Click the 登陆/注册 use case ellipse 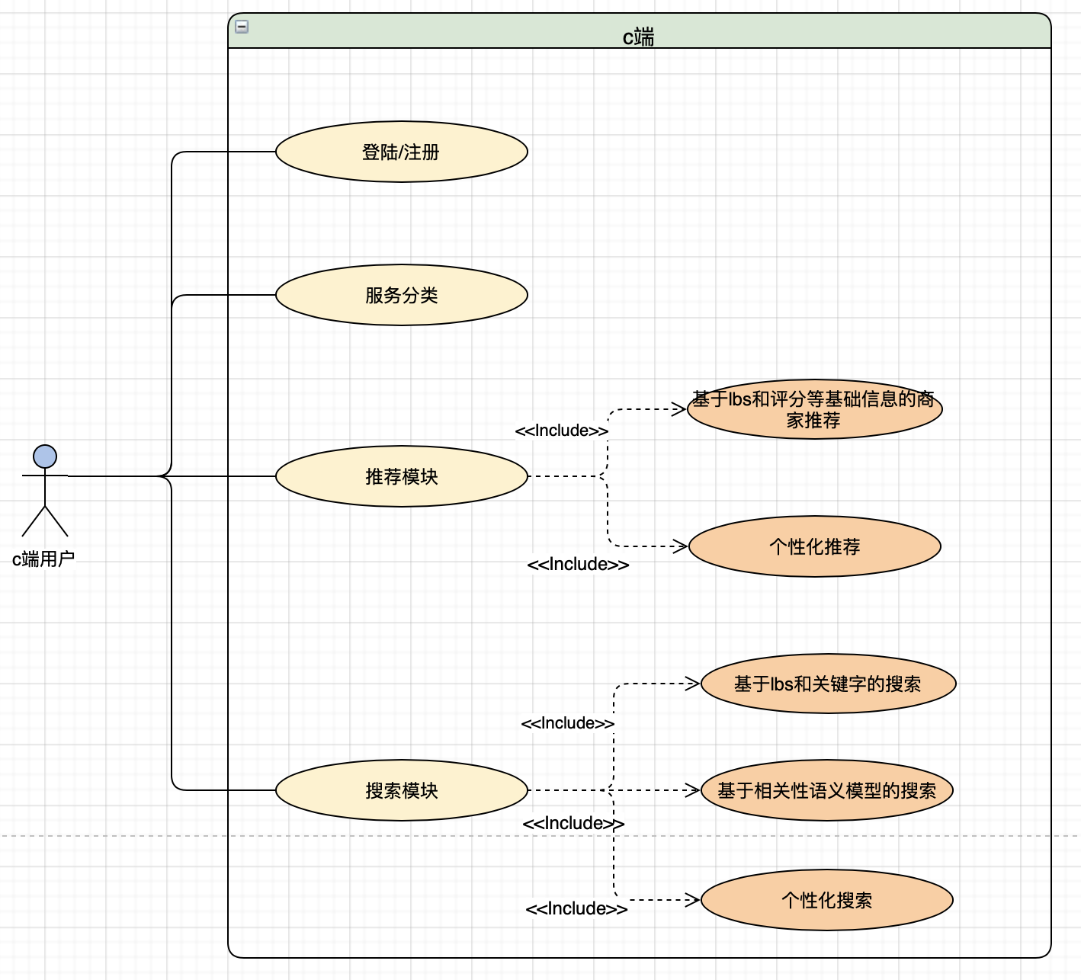[402, 152]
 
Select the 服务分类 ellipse [402, 295]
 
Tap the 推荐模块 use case [402, 476]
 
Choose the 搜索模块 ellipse [402, 790]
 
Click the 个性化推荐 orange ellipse [815, 546]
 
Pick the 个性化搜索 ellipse [827, 900]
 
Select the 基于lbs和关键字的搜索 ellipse [828, 684]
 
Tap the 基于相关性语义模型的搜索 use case [827, 790]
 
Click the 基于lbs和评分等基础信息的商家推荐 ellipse [814, 409]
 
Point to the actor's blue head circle [45, 456]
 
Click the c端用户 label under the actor [43, 559]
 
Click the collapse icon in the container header [242, 27]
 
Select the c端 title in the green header [639, 37]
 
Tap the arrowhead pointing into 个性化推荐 [681, 546]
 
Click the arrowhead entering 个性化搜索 [692, 900]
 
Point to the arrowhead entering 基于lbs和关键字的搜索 [692, 684]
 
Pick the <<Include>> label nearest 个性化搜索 [576, 908]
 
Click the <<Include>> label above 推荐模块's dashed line [562, 431]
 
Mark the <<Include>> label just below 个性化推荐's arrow [578, 565]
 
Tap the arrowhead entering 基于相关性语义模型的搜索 [692, 790]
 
